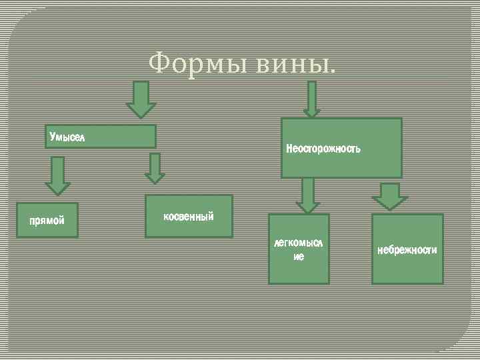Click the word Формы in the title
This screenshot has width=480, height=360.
(x=193, y=64)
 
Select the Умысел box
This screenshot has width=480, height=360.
(x=100, y=137)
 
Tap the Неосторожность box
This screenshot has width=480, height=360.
(x=341, y=148)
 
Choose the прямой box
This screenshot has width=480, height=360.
(x=48, y=221)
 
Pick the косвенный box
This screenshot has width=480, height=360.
(x=189, y=216)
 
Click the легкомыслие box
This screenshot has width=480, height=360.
(x=299, y=249)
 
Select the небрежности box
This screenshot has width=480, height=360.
(x=407, y=249)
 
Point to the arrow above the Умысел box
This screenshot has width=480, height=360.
(x=141, y=99)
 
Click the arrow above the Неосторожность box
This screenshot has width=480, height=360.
(x=312, y=99)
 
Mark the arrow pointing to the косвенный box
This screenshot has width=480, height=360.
(x=155, y=168)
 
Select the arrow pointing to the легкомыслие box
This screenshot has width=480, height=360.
(x=307, y=195)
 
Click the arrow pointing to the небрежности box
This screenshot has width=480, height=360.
(x=390, y=195)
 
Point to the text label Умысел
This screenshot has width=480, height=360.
(x=67, y=137)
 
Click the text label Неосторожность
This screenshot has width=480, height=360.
(x=323, y=148)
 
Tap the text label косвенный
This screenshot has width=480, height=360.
(x=189, y=217)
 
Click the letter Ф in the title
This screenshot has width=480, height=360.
(x=159, y=64)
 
